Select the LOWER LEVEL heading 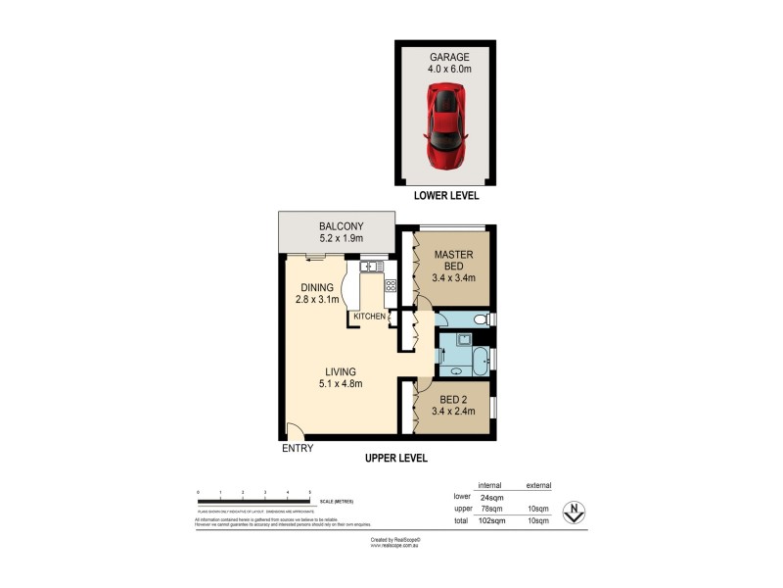446,195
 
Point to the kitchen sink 371,266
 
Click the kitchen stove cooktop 391,286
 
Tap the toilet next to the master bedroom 477,318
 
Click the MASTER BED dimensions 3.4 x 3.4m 453,277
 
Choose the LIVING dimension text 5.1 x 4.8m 339,384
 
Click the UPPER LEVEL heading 395,458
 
